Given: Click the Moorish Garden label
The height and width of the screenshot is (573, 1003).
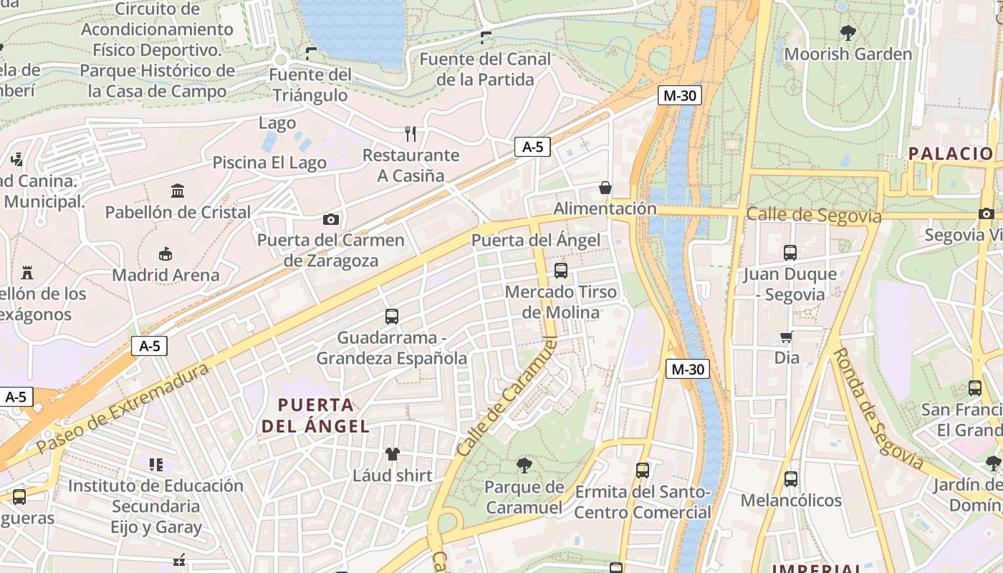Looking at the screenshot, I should point(848,54).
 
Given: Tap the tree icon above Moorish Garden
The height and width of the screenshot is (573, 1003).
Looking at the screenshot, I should point(848,32).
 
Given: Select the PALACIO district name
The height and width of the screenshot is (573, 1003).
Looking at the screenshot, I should point(951,153).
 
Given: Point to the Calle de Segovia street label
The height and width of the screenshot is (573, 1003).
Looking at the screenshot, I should point(813,215).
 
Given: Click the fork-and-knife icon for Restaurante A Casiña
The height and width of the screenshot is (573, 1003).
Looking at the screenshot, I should point(411,134).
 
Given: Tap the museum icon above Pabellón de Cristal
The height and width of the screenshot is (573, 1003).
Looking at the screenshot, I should point(178,191).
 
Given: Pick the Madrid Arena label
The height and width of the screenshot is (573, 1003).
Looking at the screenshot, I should point(165,275).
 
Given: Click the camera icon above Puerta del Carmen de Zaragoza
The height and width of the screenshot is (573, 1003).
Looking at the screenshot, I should point(330,219).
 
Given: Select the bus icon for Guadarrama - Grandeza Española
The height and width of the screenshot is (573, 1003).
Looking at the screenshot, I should point(391,316).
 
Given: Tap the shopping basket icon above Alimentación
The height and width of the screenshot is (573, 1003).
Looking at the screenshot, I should point(605,188).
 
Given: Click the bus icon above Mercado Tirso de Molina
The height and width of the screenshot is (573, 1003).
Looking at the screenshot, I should point(560,271).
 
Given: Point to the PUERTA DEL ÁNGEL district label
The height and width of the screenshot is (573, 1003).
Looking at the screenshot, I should point(315,415).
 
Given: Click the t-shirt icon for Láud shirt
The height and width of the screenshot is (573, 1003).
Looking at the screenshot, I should point(392,453).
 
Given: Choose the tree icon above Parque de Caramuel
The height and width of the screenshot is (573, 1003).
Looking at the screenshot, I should point(524,466).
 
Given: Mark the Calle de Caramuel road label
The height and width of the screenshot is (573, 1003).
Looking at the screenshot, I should point(507,398).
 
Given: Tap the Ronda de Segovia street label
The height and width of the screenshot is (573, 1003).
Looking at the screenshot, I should point(878,408).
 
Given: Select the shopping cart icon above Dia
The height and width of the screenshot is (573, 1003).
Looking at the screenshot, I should point(787,337).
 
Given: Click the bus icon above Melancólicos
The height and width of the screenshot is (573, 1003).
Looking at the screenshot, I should point(790,478).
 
